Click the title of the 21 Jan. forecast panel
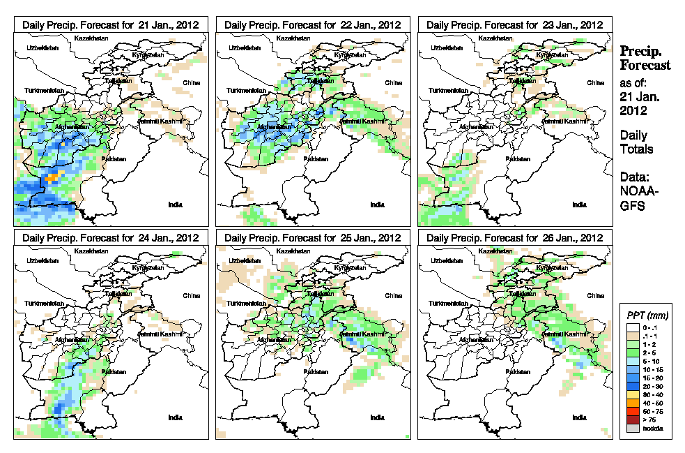[111, 24]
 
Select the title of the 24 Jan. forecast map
[111, 238]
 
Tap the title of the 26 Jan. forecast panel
[514, 238]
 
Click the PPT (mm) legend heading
[645, 316]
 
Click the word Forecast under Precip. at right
[645, 65]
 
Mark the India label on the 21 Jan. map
[176, 204]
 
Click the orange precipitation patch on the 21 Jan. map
[51, 179]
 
